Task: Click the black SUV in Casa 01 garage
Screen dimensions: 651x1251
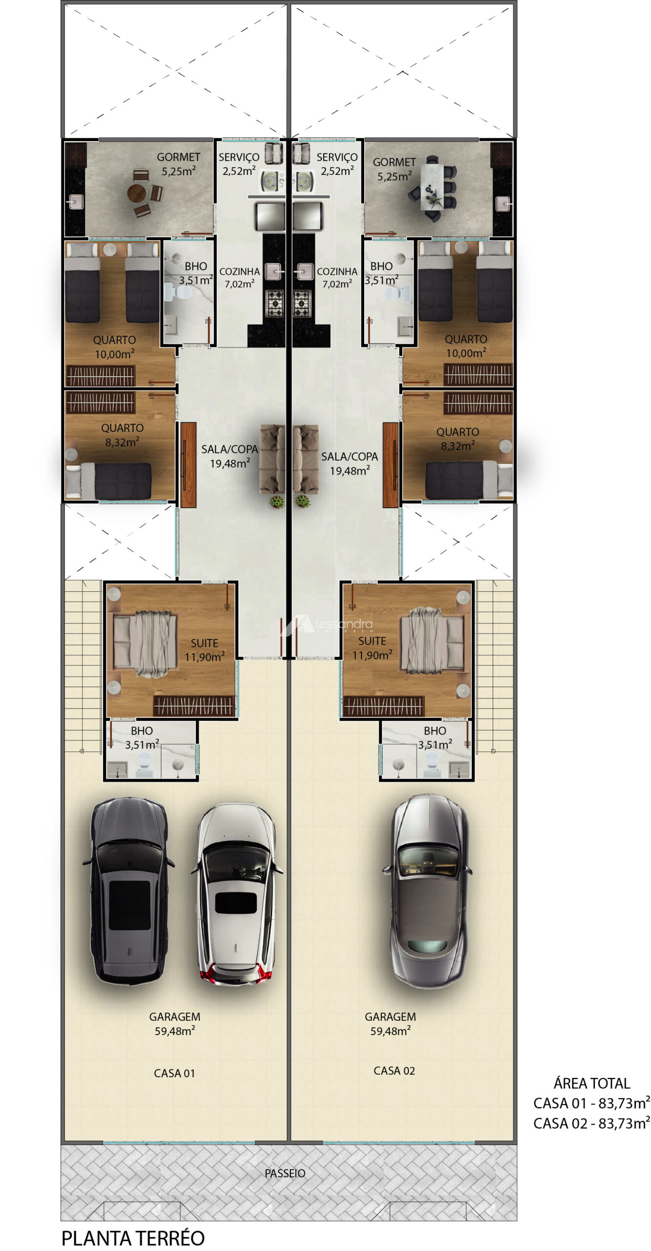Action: (129, 890)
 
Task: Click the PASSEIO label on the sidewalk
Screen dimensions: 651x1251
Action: (285, 1173)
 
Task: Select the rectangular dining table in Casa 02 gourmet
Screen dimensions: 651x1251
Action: (433, 187)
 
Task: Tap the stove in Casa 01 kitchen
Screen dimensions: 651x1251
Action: (274, 303)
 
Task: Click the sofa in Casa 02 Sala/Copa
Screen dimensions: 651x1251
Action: (306, 459)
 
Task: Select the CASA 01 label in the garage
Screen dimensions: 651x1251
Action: (174, 1073)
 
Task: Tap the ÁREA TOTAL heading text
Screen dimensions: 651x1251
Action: (591, 1083)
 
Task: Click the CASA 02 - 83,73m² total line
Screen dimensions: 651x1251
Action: (591, 1123)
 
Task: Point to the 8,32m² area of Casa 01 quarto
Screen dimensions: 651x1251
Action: (122, 442)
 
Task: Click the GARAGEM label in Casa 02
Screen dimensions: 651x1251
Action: (390, 1016)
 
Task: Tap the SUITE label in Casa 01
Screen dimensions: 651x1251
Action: (204, 643)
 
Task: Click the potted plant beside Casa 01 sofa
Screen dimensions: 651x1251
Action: (277, 501)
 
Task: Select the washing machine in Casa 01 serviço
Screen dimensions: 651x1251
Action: (272, 181)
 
